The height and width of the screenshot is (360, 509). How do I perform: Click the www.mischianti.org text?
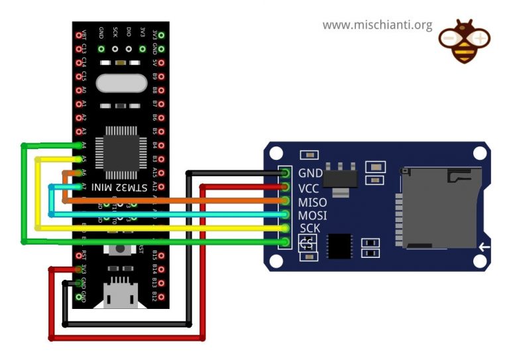[377, 25]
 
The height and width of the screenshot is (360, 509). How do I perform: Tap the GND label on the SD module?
[310, 173]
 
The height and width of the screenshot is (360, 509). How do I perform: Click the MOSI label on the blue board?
[313, 215]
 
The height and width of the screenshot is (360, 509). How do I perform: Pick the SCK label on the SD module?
[310, 229]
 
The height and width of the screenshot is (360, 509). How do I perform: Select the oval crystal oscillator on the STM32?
[121, 84]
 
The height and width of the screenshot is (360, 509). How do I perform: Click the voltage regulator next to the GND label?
[339, 178]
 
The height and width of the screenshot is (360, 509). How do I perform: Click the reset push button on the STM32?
[121, 251]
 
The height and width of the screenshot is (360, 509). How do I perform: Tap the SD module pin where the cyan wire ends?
[286, 215]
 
